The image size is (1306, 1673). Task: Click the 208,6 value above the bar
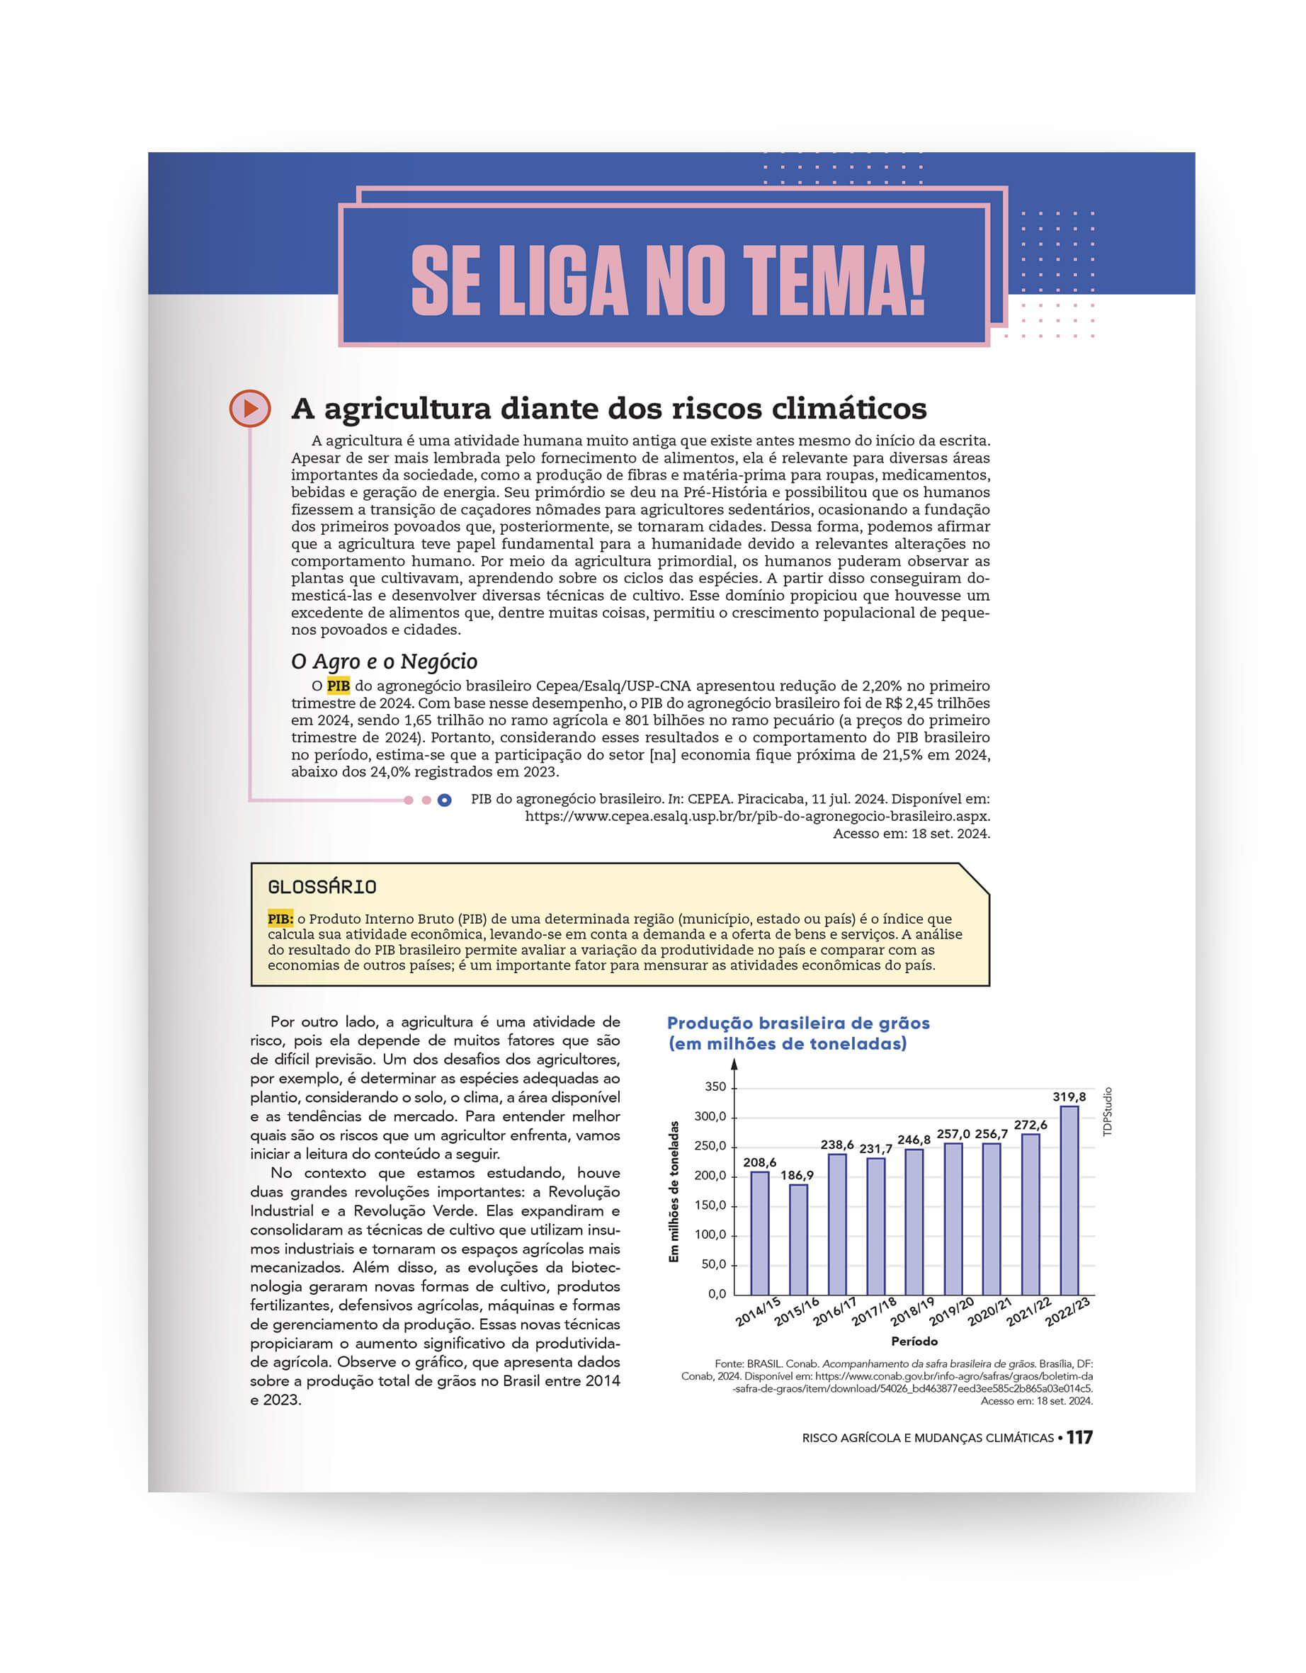[x=759, y=1162]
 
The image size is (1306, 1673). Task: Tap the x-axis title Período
[x=914, y=1342]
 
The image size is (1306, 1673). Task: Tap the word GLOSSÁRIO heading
[x=322, y=887]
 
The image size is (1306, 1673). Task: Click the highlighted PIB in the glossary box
[x=280, y=919]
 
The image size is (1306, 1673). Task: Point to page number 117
[x=1079, y=1438]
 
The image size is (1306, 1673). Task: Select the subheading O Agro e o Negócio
[x=384, y=661]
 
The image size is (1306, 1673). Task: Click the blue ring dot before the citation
[x=444, y=800]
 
